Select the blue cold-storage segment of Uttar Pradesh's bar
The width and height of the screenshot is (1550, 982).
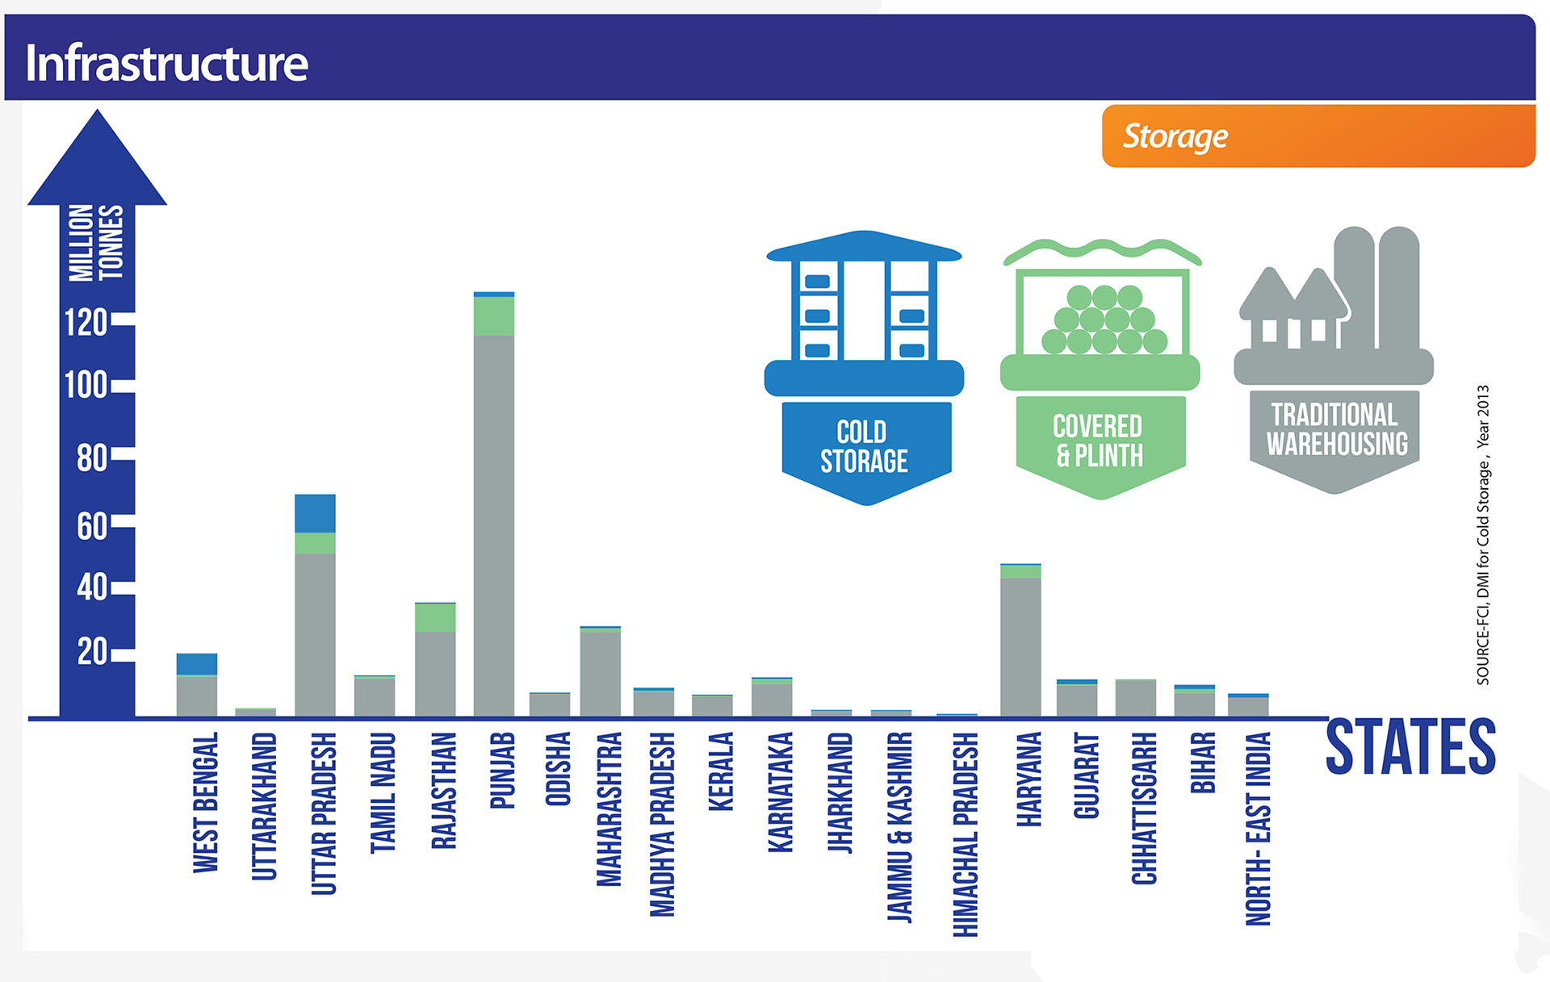pos(315,513)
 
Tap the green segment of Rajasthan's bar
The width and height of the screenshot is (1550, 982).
pos(435,617)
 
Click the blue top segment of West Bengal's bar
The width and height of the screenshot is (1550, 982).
pos(197,664)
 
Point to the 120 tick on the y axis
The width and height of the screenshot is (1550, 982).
pos(86,323)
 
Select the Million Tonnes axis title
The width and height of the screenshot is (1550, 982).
pos(96,243)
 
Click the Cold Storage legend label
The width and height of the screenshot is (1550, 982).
pos(864,446)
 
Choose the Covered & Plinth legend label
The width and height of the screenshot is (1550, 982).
pos(1099,441)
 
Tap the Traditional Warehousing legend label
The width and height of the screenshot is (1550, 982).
pos(1336,429)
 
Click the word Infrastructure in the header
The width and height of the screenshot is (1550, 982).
pos(166,63)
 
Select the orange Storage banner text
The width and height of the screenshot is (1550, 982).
pos(1175,136)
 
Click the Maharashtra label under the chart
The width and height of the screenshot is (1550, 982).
pos(609,809)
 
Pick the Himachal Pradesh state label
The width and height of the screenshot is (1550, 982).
pos(966,834)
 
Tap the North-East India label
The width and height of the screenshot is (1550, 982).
pos(1258,829)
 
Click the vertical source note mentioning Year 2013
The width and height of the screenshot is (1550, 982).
pos(1483,534)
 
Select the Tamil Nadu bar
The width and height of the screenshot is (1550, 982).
pos(375,696)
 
